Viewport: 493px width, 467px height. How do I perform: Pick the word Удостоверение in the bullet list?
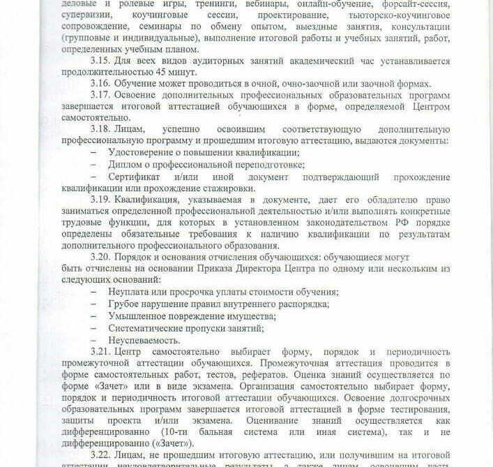144,153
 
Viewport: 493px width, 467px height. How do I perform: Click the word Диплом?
126,165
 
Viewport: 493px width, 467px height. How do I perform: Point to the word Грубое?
125,304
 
